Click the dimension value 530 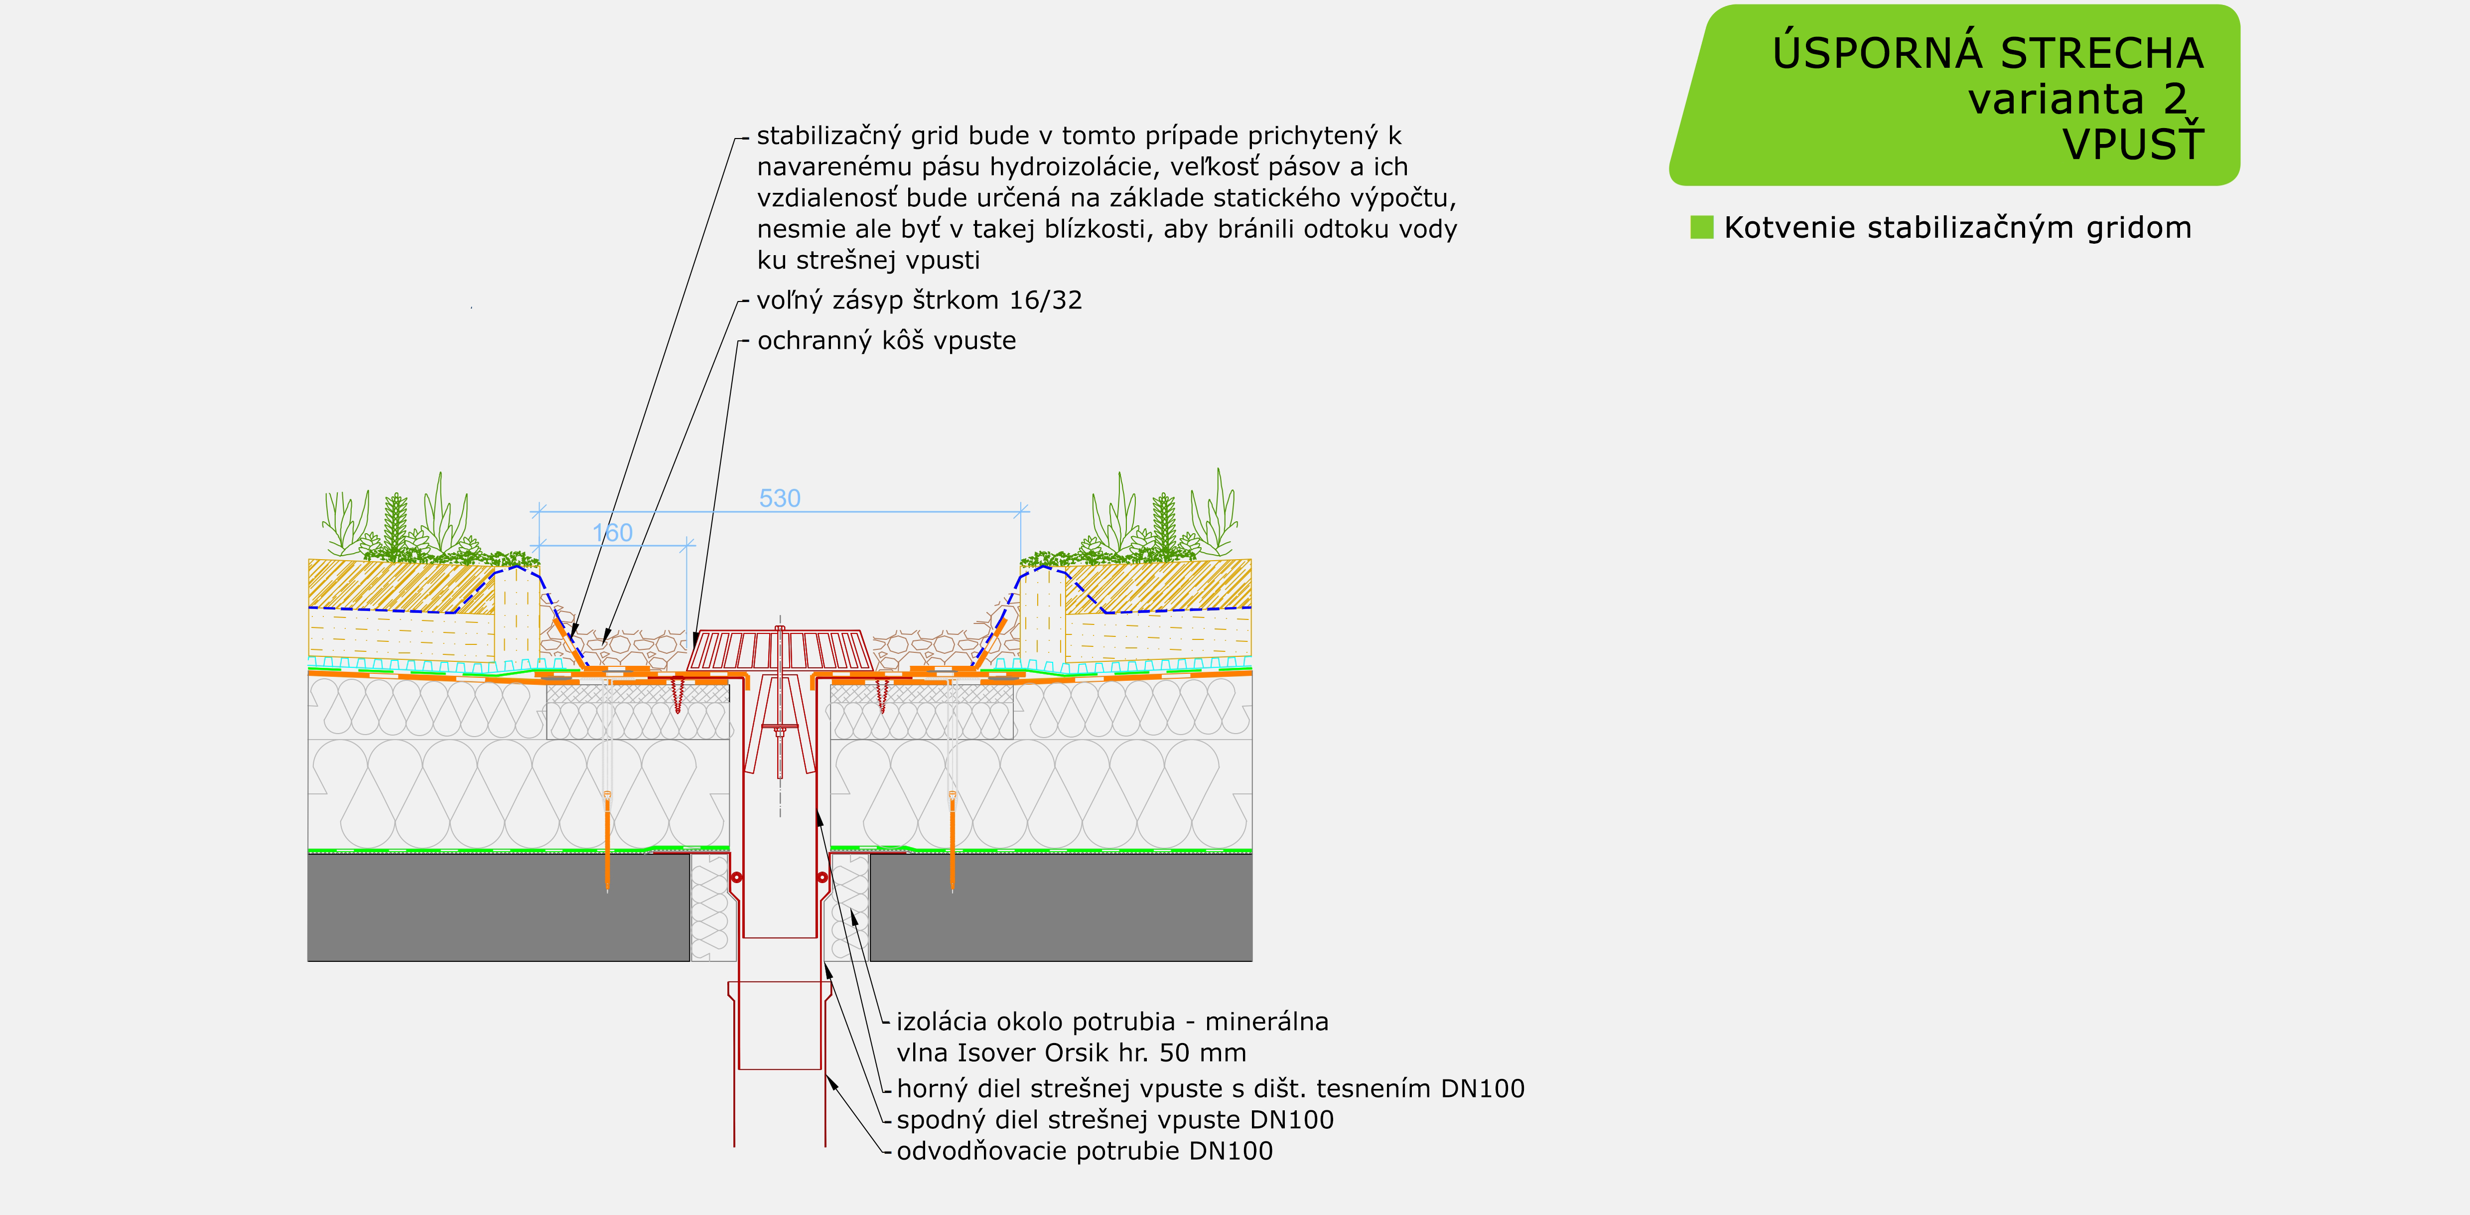780,499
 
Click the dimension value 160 613,533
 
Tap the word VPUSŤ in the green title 2133,145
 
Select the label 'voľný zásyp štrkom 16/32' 919,300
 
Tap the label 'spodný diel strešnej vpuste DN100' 1114,1120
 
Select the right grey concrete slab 1060,906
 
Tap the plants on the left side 422,523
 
